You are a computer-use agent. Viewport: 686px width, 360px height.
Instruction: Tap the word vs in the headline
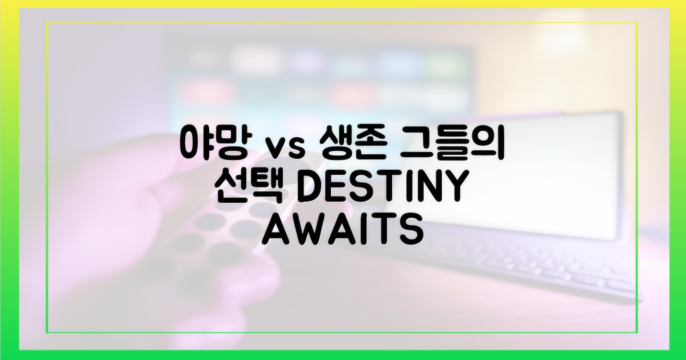click(x=278, y=147)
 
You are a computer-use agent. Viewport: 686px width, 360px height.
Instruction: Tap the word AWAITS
click(x=342, y=230)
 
